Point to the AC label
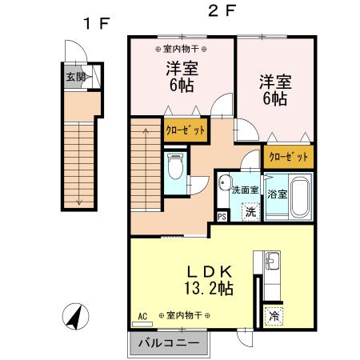click(x=144, y=315)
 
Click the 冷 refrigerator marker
click(x=274, y=316)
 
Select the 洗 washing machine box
click(x=250, y=212)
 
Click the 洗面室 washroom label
click(x=244, y=190)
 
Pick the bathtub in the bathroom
click(x=300, y=194)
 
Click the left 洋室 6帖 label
click(x=182, y=77)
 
